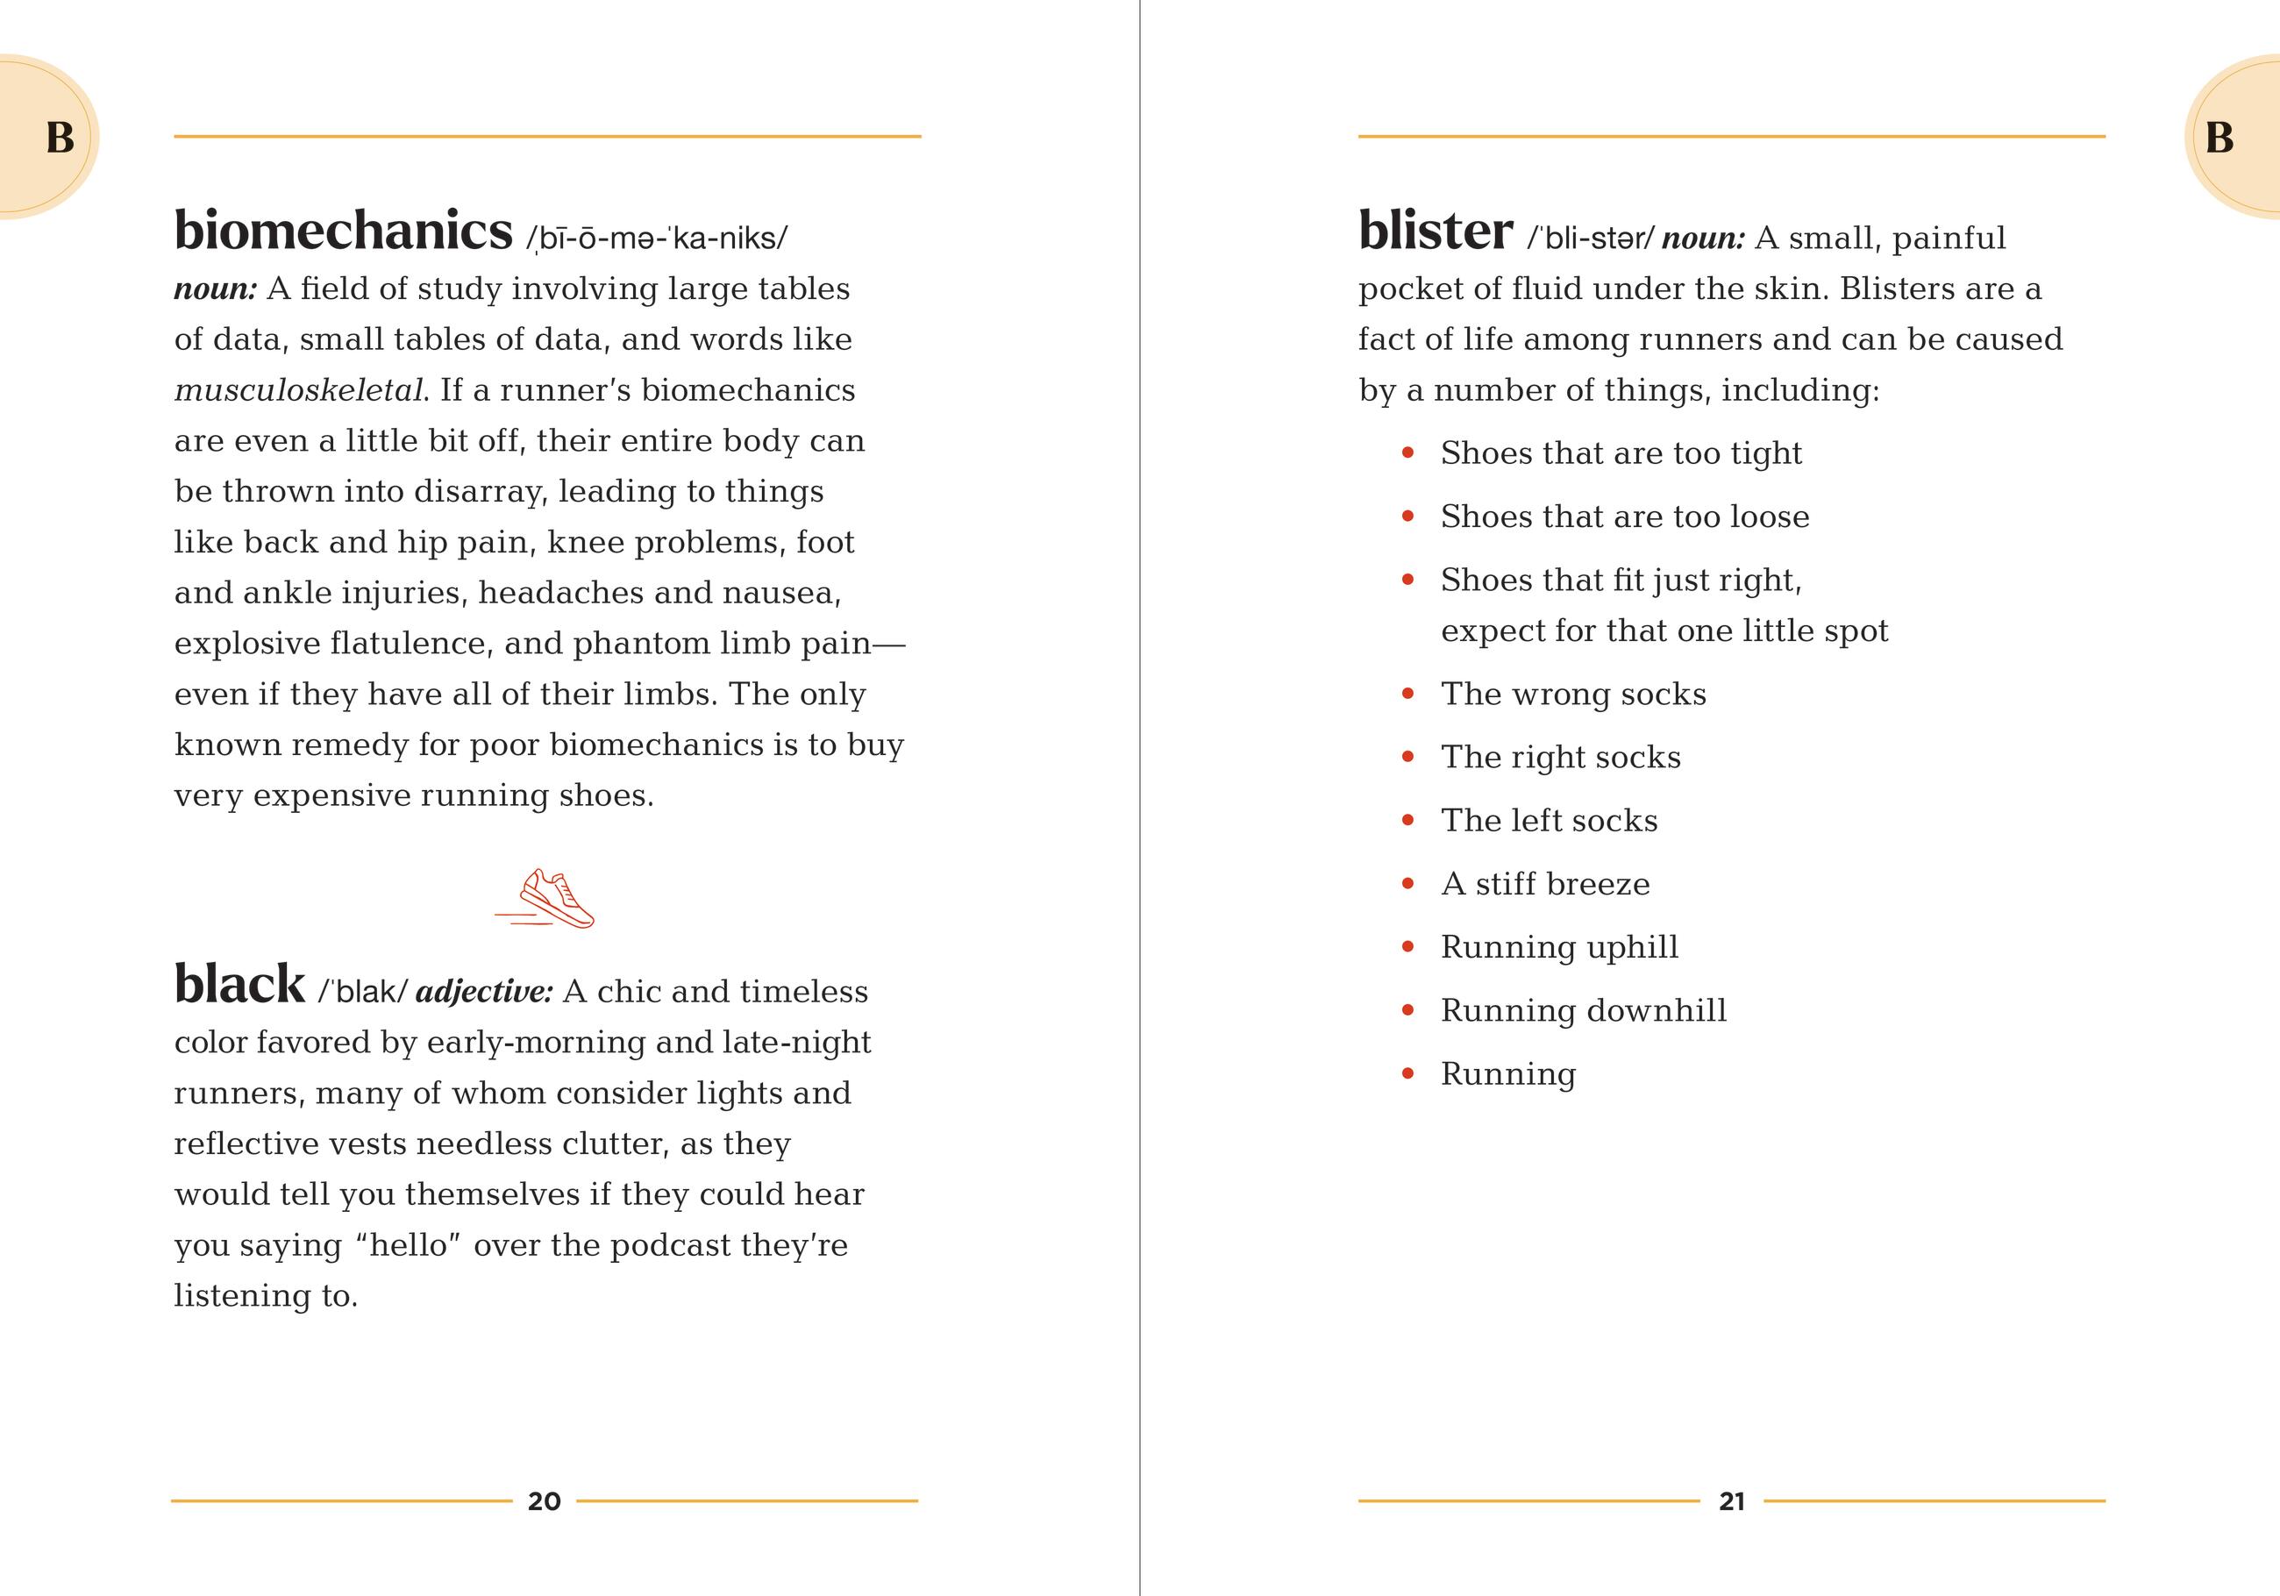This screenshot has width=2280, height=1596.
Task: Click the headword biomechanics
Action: [x=343, y=232]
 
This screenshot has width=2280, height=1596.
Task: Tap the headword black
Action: [x=239, y=984]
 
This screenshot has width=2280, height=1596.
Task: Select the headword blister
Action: [x=1435, y=232]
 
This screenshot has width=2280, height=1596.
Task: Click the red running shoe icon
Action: [x=546, y=899]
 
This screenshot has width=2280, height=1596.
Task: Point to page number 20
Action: [x=545, y=1500]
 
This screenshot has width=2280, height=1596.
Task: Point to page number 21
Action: [x=1732, y=1500]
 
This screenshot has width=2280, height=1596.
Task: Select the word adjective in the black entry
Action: [x=483, y=991]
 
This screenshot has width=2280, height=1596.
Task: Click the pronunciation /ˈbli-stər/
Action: [x=1590, y=239]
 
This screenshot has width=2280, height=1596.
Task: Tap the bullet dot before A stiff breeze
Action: [x=1407, y=883]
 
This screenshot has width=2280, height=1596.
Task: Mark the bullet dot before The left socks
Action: [x=1407, y=819]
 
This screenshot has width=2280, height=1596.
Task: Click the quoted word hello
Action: [x=406, y=1244]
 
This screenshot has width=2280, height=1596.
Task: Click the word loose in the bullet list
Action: [x=1769, y=517]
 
